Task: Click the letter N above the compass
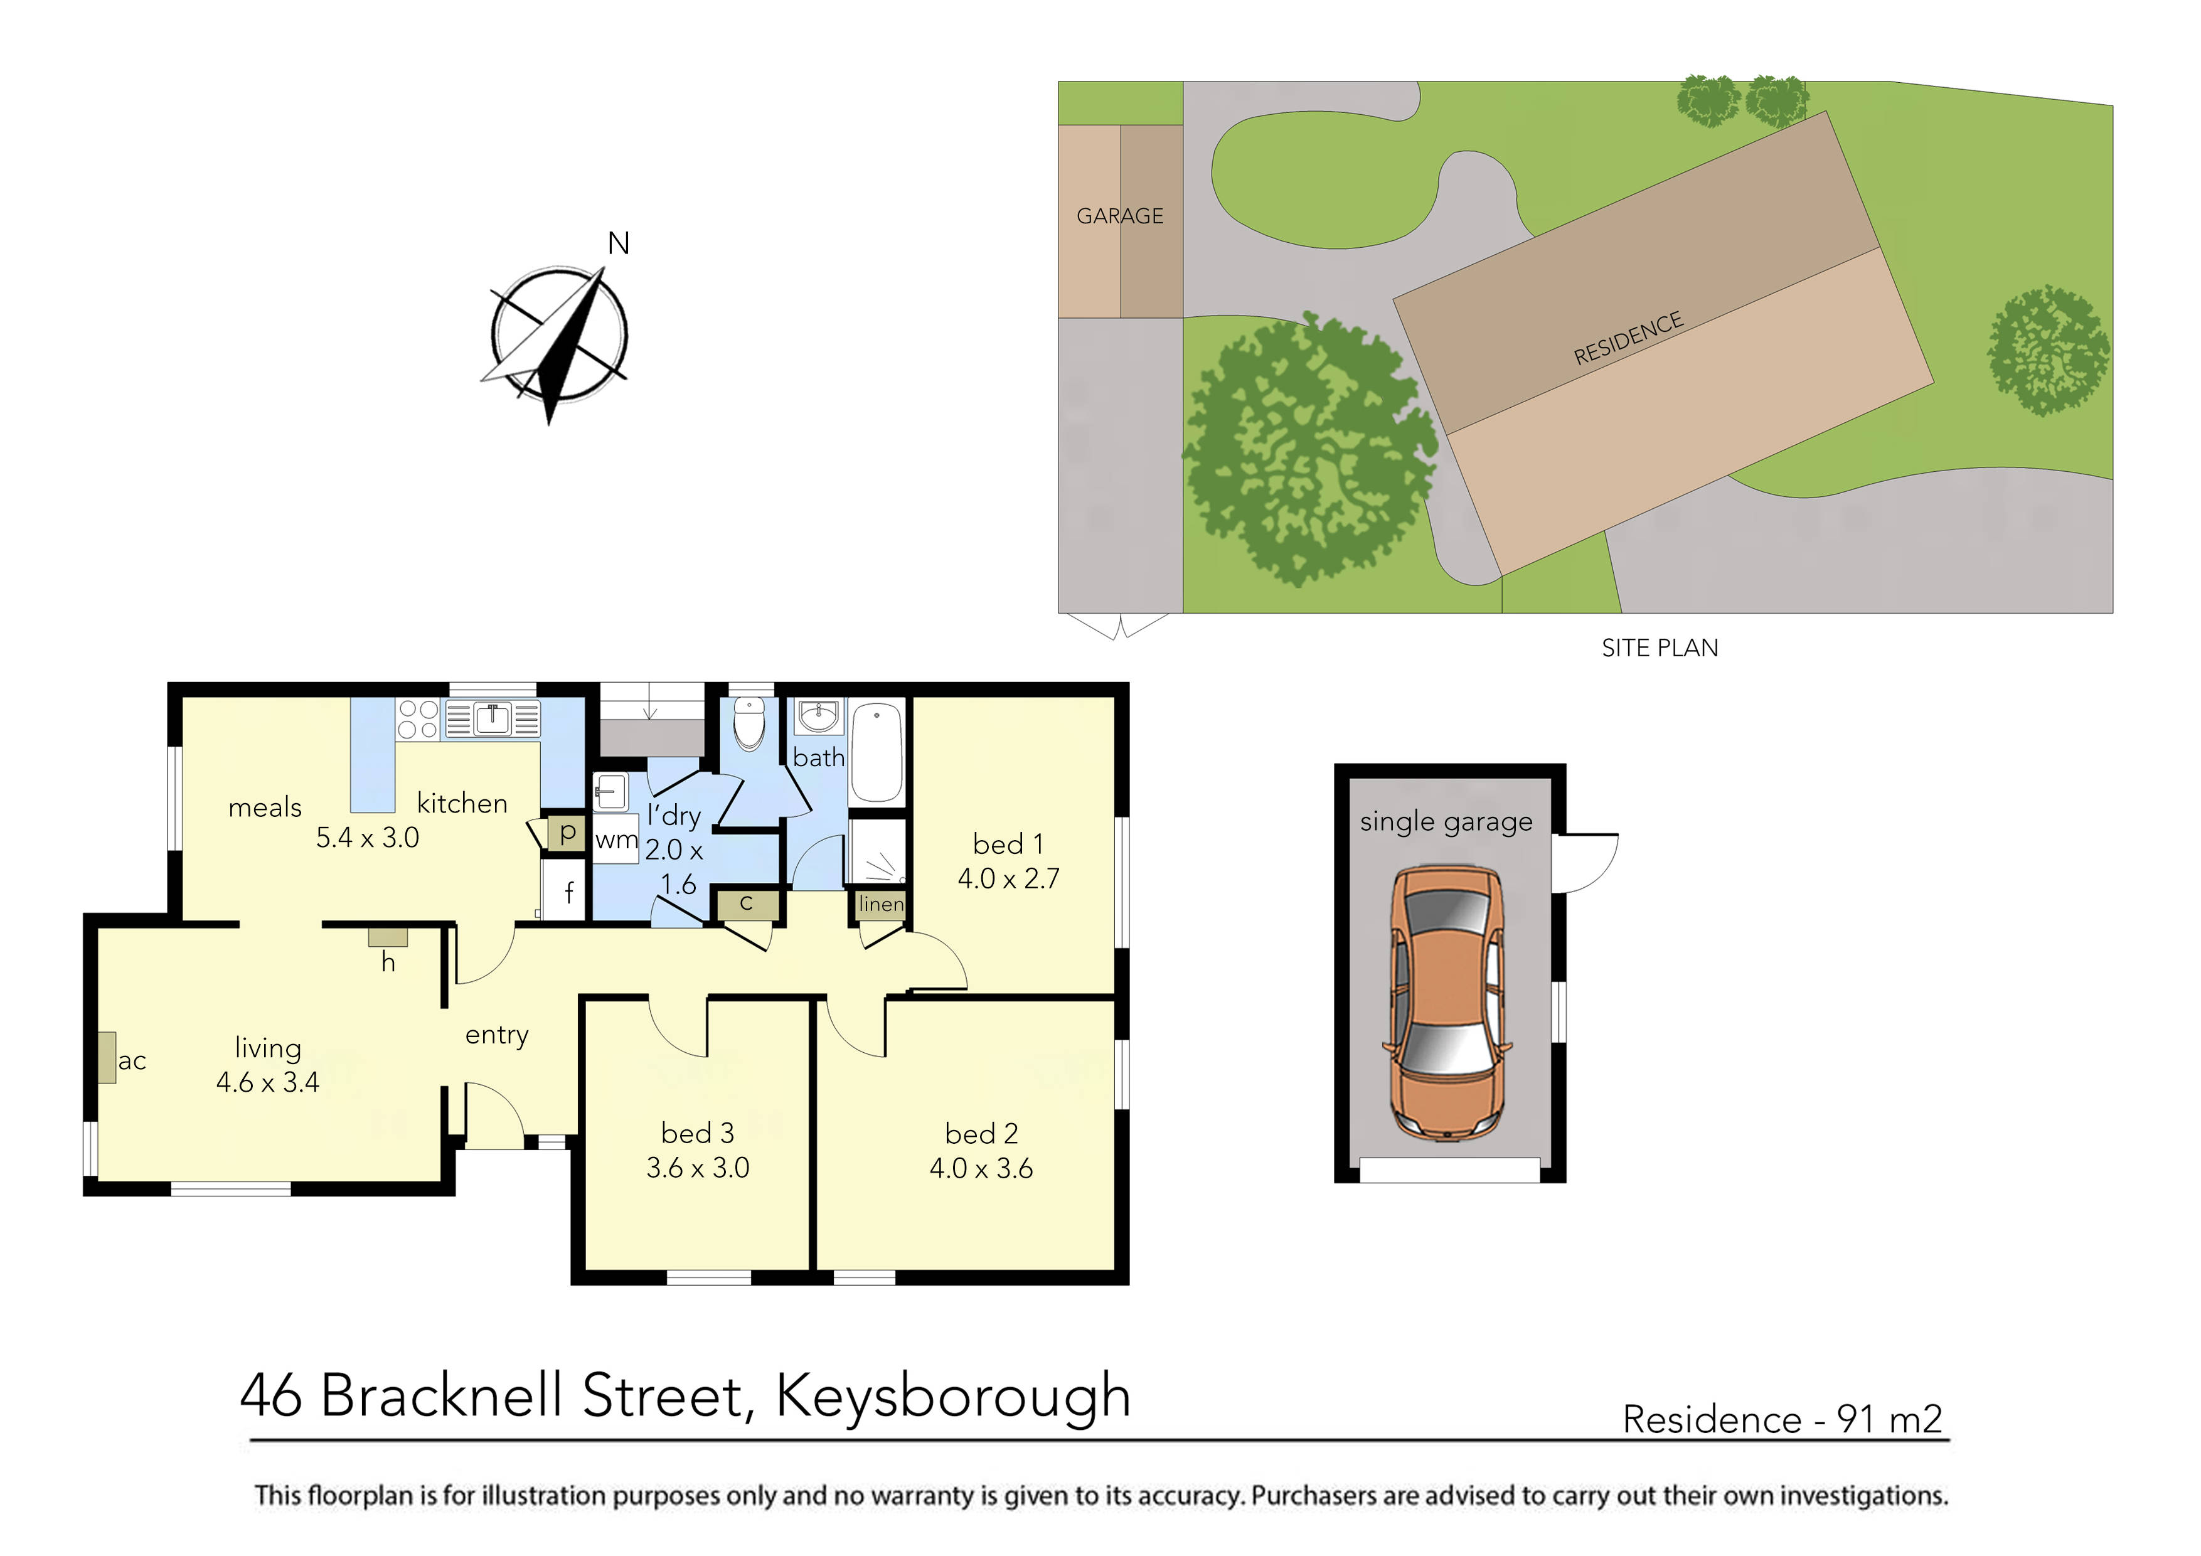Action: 618,245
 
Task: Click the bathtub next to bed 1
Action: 876,754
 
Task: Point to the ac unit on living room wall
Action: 107,1057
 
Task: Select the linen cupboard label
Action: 880,904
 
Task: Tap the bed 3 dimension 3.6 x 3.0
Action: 697,1168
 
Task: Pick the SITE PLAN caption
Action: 1660,648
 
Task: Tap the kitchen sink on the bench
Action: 492,718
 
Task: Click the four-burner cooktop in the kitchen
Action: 418,719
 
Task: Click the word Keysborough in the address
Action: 953,1396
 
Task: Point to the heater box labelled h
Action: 388,937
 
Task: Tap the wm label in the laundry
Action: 616,841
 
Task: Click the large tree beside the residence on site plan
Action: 1309,450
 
